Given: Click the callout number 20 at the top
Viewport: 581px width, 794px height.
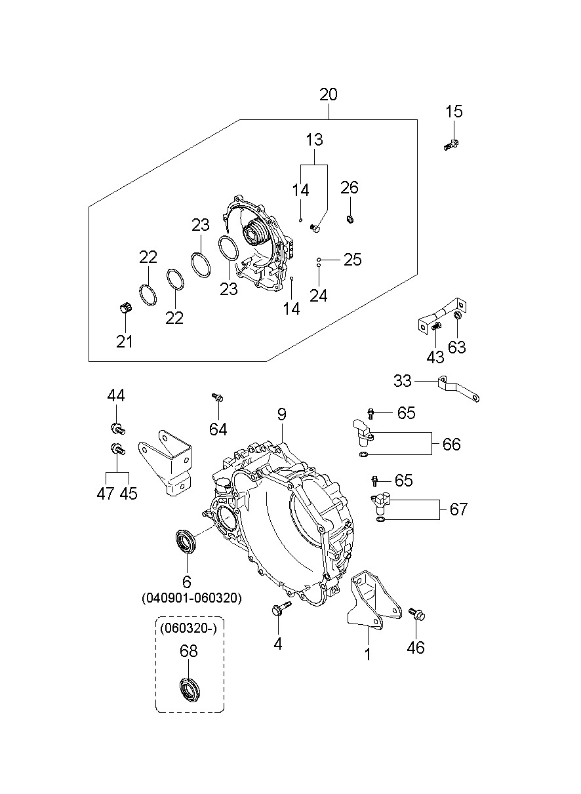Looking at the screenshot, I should [x=329, y=94].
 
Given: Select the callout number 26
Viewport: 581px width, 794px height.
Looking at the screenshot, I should [x=350, y=188].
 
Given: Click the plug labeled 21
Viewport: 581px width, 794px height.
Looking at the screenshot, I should [x=125, y=308].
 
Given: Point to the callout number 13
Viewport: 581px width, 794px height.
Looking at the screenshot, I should [x=314, y=140].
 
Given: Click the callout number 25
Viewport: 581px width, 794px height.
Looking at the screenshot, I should [x=353, y=260].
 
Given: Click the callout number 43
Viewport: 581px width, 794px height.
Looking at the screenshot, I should [x=435, y=357].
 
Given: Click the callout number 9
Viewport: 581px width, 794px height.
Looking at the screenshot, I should [x=281, y=414].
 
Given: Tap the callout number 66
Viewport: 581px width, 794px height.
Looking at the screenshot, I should [x=451, y=445].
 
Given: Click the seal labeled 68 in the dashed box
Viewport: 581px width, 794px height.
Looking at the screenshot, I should [x=190, y=690].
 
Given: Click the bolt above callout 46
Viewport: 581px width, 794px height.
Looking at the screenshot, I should [x=416, y=614].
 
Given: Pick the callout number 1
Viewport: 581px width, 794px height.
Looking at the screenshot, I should [x=368, y=654].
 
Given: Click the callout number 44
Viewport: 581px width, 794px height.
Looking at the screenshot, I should [x=117, y=395].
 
